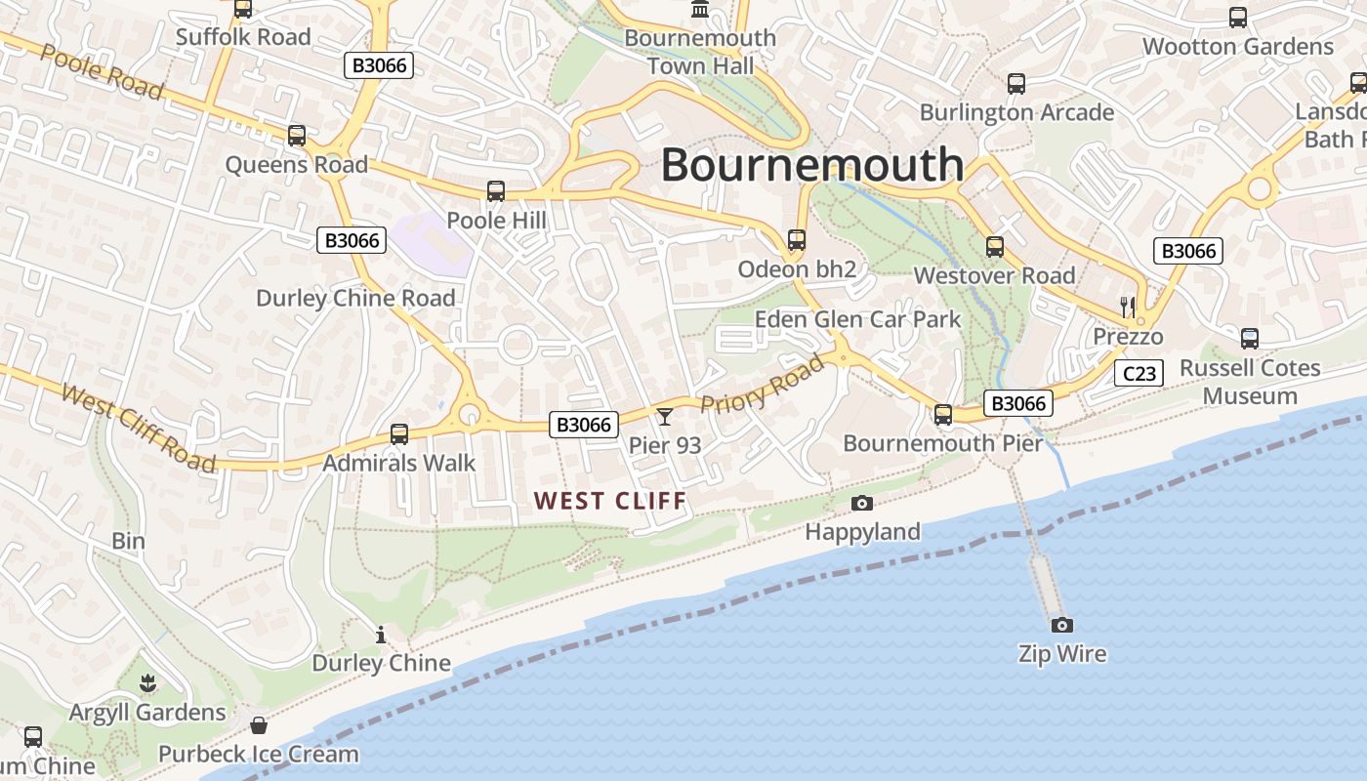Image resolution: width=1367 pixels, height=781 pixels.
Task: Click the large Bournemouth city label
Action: pos(812,164)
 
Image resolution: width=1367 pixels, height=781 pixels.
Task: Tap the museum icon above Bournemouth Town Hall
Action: pos(700,10)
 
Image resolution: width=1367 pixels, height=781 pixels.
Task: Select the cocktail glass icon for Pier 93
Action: pos(665,417)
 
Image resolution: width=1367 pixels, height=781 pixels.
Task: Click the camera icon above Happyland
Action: pos(862,503)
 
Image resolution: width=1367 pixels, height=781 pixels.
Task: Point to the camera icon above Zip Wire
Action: pos(1061,625)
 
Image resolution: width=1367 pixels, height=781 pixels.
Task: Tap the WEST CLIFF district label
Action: pos(610,501)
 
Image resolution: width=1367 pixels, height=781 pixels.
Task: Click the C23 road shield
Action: pos(1139,373)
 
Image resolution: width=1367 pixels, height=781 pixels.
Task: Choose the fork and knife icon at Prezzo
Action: pos(1128,307)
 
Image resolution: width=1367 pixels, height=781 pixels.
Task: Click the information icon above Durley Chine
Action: pos(381,636)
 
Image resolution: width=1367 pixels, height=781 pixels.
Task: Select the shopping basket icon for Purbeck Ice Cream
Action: pos(259,725)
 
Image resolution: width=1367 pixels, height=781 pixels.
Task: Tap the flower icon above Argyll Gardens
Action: pos(147,682)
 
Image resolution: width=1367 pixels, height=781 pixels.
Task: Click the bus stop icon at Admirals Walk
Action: pos(399,433)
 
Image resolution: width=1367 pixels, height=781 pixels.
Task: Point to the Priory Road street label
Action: pos(763,386)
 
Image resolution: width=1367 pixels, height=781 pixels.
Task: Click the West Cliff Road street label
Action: pos(138,428)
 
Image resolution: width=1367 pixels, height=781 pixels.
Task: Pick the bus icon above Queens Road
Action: pos(297,136)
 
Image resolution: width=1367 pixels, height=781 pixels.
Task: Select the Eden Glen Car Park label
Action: pos(857,319)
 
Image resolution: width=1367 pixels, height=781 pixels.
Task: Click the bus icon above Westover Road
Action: pos(995,247)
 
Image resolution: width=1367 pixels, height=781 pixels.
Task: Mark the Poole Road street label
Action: pos(101,71)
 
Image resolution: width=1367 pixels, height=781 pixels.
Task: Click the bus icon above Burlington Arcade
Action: pos(1016,84)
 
